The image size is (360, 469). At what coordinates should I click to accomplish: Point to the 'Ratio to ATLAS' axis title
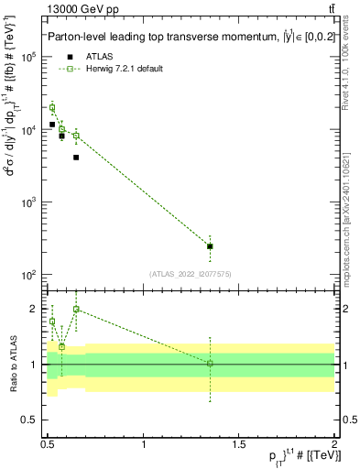coord(14,365)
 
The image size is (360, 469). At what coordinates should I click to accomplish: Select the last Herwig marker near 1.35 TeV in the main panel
coord(211,246)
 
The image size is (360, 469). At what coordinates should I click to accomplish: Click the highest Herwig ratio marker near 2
coord(76,310)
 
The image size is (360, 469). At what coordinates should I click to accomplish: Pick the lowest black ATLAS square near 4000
coord(76,158)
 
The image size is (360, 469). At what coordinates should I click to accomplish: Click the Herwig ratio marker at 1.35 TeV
coord(211,364)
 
